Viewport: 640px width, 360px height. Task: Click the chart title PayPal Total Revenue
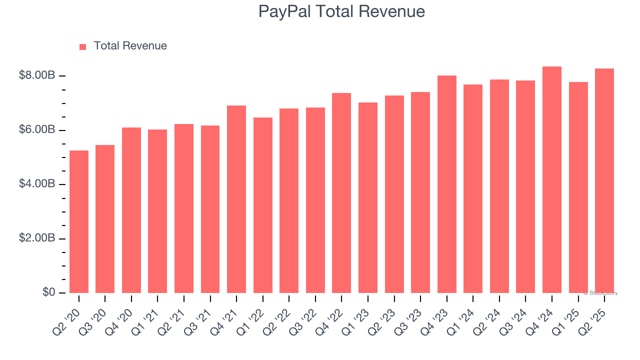coord(341,11)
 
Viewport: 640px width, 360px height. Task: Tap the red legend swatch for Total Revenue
coord(83,47)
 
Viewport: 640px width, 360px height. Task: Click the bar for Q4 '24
coord(552,179)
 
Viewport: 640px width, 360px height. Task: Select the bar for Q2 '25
coord(604,180)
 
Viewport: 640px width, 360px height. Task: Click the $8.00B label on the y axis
coord(37,75)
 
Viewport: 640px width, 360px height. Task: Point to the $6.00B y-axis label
coord(37,130)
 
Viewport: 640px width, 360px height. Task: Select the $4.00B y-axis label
coord(37,184)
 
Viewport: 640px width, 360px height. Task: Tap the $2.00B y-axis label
coord(37,238)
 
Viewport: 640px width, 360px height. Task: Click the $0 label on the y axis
coord(48,292)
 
